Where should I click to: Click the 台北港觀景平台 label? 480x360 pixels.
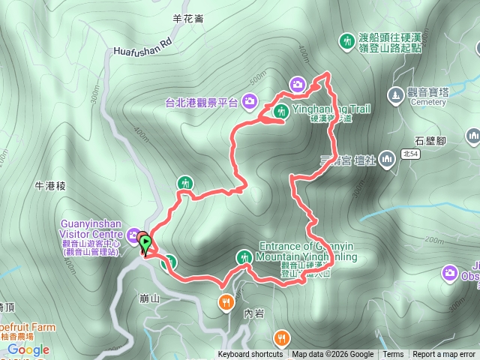point(202,102)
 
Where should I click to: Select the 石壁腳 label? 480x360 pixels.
point(430,140)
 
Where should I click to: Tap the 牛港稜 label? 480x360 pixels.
point(52,184)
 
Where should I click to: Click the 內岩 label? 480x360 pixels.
point(254,293)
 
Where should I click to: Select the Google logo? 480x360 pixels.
point(28,349)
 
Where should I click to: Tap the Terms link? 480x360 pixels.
point(393,355)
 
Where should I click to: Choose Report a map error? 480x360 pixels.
point(444,355)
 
